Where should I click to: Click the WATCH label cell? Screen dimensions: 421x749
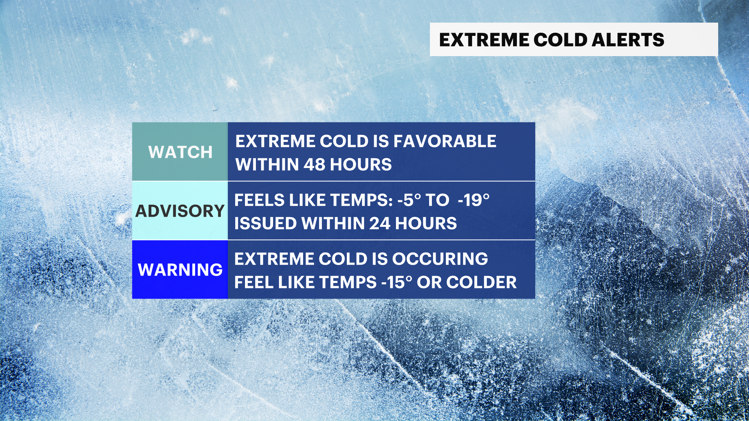tap(180, 152)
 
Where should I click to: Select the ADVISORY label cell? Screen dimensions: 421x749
tap(180, 211)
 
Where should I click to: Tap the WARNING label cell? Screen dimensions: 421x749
tap(180, 270)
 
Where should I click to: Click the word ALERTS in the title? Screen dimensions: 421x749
tap(628, 40)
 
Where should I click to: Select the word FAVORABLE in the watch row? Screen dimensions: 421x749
tap(445, 141)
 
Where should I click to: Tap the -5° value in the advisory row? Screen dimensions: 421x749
tap(409, 200)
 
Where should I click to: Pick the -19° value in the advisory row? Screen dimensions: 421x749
tap(474, 200)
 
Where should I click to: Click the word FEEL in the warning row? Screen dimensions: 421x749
tap(254, 283)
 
